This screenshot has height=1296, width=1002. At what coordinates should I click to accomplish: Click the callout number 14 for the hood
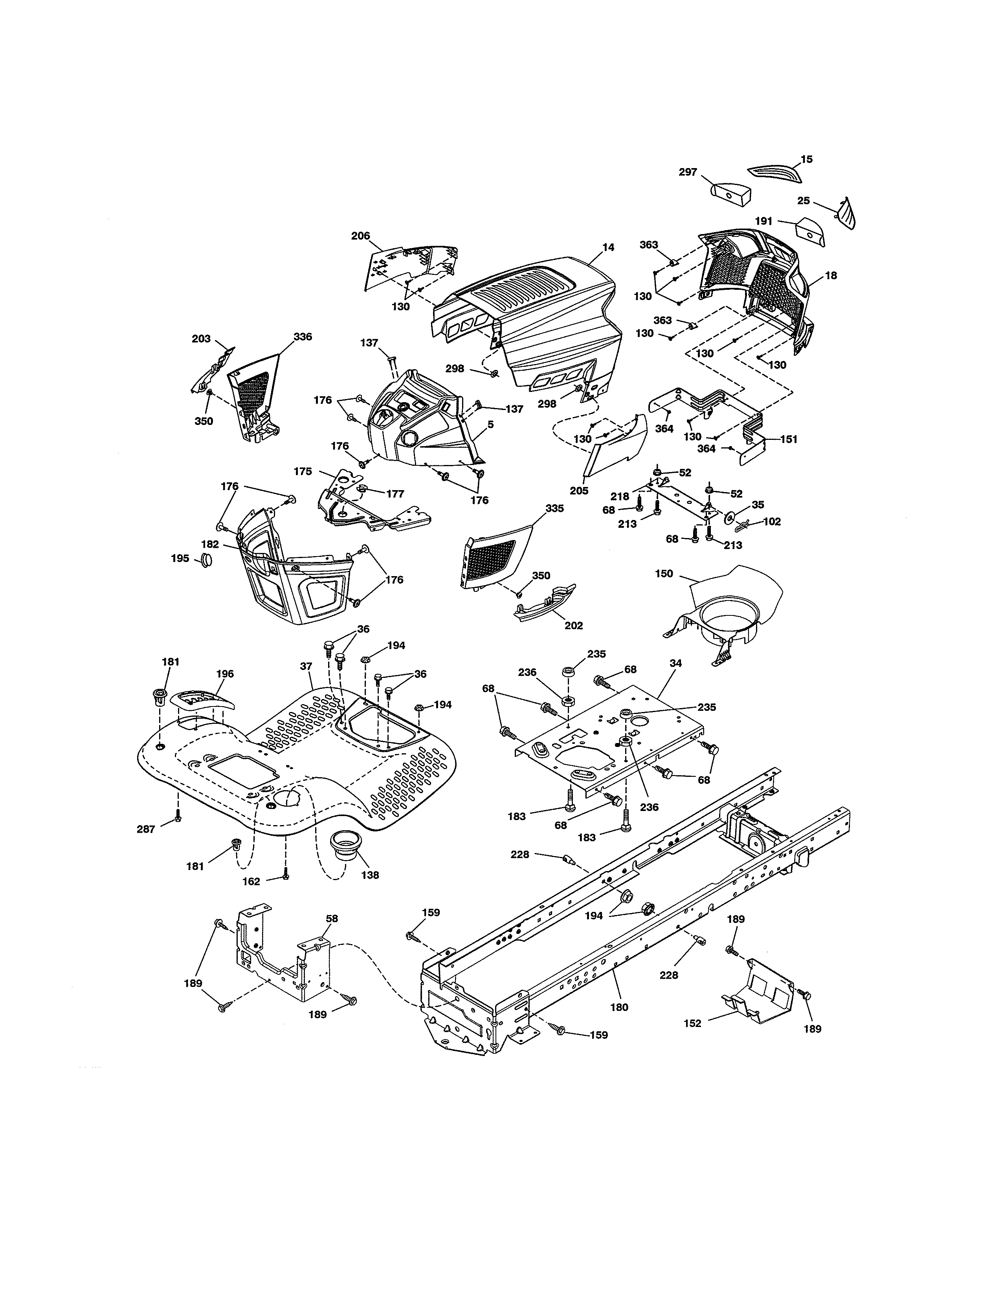click(x=608, y=247)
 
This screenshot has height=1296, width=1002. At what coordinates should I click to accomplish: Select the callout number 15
click(x=807, y=159)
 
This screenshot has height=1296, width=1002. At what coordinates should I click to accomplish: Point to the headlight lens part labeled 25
click(x=846, y=214)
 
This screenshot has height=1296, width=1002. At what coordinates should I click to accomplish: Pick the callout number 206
click(x=360, y=236)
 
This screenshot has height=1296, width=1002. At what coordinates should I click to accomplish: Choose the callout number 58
click(x=332, y=919)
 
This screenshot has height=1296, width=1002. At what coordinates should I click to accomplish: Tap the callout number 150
click(x=664, y=574)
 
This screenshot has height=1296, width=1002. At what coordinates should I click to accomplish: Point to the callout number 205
click(x=579, y=491)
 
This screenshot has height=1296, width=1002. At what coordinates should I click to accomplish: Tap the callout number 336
click(x=303, y=337)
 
